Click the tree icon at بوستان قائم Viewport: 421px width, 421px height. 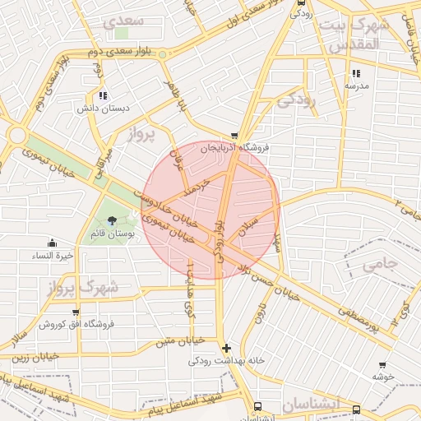pyautogui.click(x=112, y=220)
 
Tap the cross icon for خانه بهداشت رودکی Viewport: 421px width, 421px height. pyautogui.click(x=227, y=348)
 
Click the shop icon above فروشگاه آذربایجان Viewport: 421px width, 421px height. pyautogui.click(x=234, y=136)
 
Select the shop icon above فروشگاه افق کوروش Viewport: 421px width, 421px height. pyautogui.click(x=76, y=312)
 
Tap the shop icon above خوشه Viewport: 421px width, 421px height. pyautogui.click(x=382, y=364)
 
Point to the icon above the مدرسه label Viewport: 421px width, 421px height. pyautogui.click(x=355, y=73)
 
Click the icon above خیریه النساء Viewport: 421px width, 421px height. pyautogui.click(x=52, y=243)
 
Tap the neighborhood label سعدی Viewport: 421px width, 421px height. pyautogui.click(x=126, y=20)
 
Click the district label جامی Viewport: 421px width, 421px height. pyautogui.click(x=379, y=263)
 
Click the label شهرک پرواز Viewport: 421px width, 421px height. pyautogui.click(x=90, y=288)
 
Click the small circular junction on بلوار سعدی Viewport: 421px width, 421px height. pyautogui.click(x=163, y=54)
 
